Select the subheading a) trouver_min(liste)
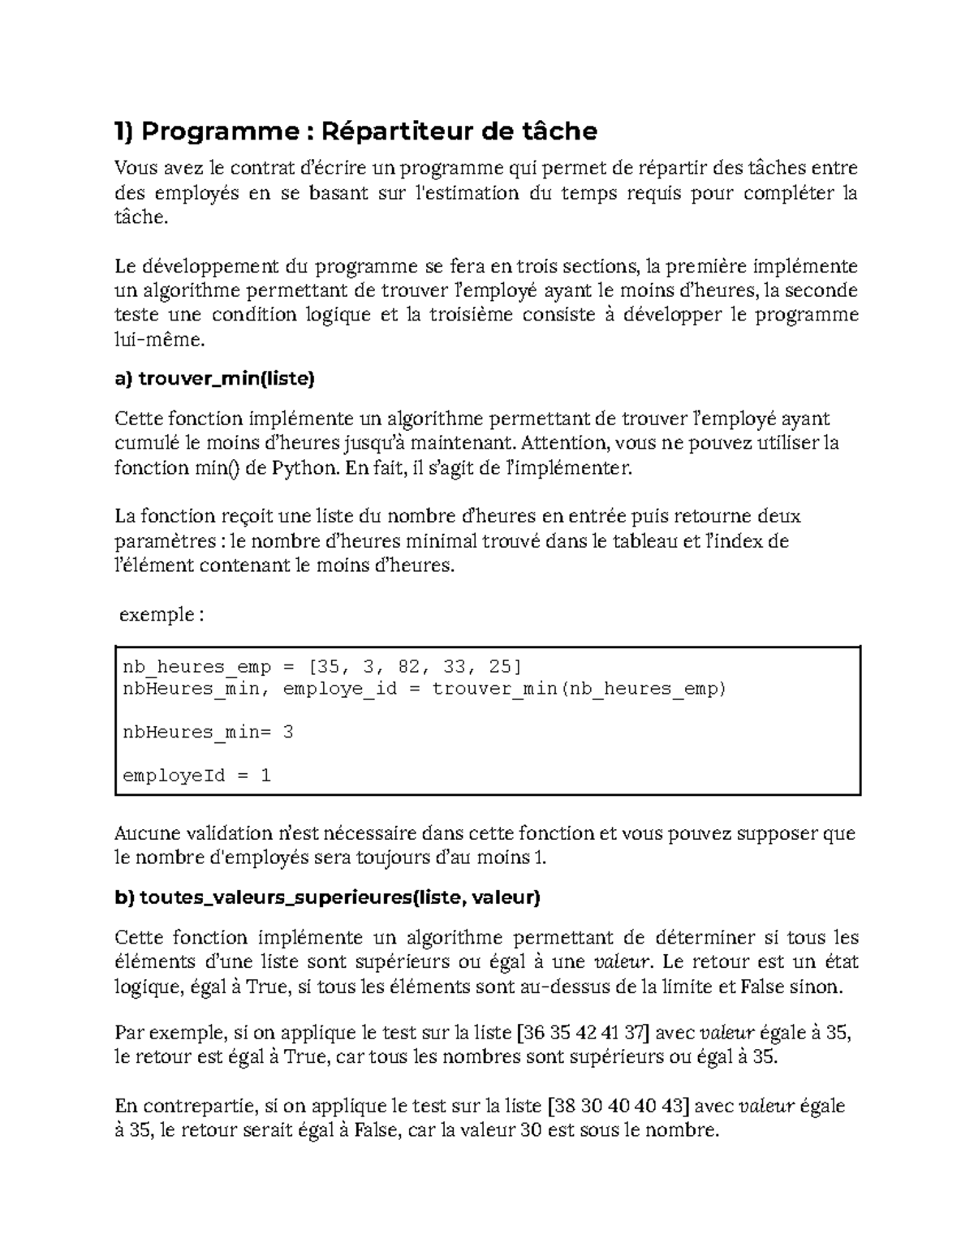click(214, 378)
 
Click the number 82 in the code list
click(409, 667)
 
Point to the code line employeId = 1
click(196, 776)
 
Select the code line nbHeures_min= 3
click(208, 732)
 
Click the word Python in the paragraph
click(304, 468)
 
